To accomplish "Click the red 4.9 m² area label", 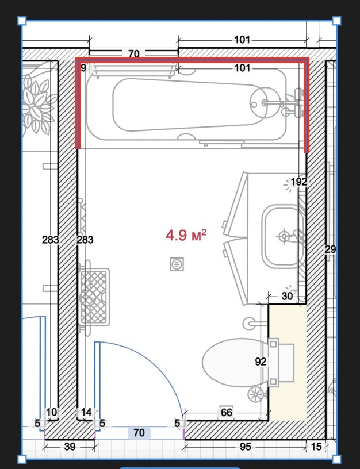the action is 186,235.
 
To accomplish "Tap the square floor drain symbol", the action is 177,264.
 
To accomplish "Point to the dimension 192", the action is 298,182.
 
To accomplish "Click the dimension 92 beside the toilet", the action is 261,362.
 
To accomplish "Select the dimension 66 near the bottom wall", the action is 227,413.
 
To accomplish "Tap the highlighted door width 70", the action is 139,433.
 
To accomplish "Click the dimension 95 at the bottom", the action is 245,447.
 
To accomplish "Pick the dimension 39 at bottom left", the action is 70,447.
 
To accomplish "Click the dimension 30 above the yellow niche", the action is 287,296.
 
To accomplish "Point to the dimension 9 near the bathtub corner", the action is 83,68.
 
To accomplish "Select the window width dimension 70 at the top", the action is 134,54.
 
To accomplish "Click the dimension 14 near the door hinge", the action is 86,412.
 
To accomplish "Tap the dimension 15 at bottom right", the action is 316,447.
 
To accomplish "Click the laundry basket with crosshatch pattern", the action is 94,296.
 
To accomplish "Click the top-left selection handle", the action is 22,21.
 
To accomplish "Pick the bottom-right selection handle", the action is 336,459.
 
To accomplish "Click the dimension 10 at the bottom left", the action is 52,412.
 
